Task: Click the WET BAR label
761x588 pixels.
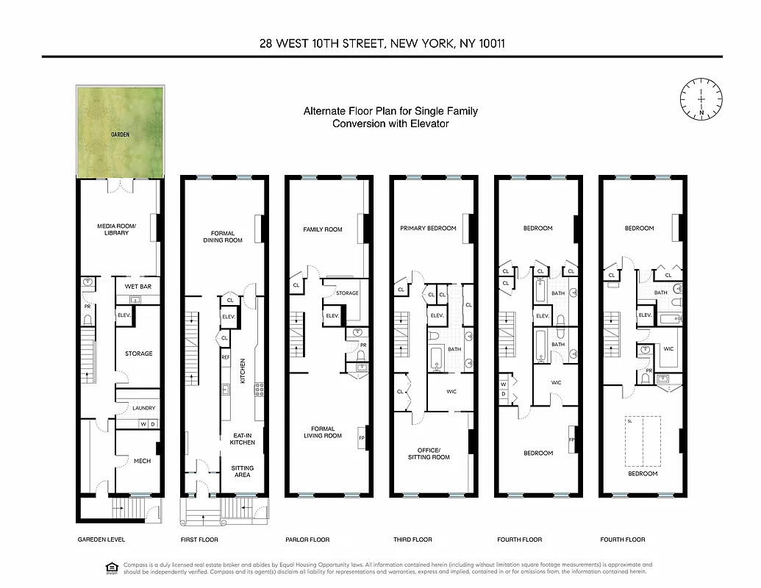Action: [x=137, y=287]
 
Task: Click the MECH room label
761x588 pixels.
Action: [x=142, y=461]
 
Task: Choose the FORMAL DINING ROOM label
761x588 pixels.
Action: [x=222, y=237]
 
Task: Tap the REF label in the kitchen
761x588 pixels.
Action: [x=226, y=356]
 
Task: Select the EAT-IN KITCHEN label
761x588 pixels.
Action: [x=242, y=439]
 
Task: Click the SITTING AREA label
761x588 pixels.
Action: [x=242, y=471]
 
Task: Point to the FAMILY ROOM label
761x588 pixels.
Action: [x=323, y=229]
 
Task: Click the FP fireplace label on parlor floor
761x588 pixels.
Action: [x=361, y=438]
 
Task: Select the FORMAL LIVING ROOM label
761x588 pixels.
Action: [x=323, y=432]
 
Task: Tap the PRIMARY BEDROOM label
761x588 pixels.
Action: [x=428, y=229]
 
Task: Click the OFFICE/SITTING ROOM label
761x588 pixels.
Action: [x=428, y=453]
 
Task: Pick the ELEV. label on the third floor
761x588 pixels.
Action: [x=436, y=315]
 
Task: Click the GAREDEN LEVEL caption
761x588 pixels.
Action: [x=101, y=539]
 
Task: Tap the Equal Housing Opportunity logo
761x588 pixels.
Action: [x=111, y=566]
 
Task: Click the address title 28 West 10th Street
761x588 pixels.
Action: [x=382, y=43]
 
